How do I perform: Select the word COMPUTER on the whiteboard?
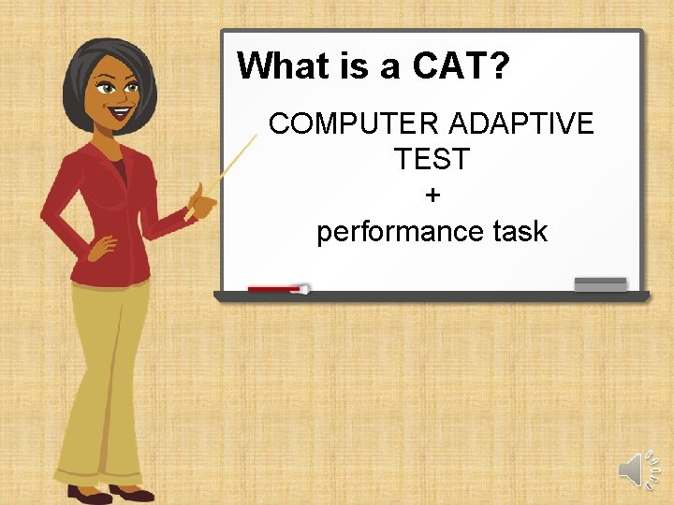coord(353,123)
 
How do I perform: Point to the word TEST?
coord(432,160)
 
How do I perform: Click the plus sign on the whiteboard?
coord(432,195)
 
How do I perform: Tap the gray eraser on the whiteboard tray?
coord(600,283)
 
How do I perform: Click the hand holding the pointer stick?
coord(199,200)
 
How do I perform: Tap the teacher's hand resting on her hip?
coord(99,245)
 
